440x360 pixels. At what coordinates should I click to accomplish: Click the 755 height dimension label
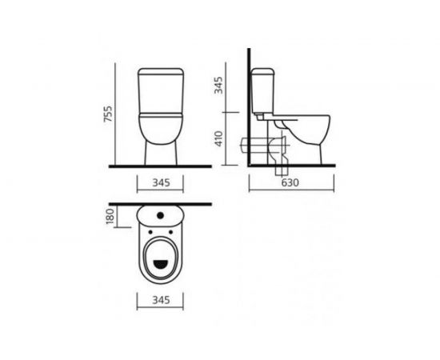pyautogui.click(x=108, y=114)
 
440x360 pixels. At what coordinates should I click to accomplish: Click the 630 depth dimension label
pyautogui.click(x=290, y=182)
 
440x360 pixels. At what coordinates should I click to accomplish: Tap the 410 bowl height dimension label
pyautogui.click(x=218, y=138)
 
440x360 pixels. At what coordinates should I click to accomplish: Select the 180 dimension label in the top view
pyautogui.click(x=110, y=216)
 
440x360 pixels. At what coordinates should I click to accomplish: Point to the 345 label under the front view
pyautogui.click(x=162, y=182)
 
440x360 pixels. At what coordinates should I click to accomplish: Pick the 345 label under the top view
pyautogui.click(x=162, y=300)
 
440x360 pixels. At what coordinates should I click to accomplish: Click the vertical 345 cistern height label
pyautogui.click(x=218, y=86)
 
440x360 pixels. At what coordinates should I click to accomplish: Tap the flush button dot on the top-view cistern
pyautogui.click(x=160, y=215)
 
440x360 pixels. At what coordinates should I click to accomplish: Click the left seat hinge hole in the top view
pyautogui.click(x=150, y=232)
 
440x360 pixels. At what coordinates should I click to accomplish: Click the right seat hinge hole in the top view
pyautogui.click(x=170, y=232)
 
